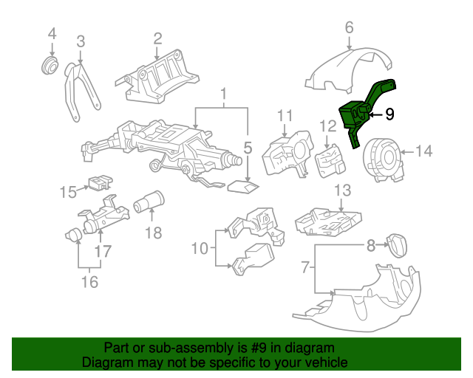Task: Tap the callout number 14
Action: [423, 152]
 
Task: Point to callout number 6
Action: [349, 28]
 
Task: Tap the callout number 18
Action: [152, 233]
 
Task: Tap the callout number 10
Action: [200, 249]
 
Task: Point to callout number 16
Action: [89, 281]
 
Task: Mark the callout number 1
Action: [222, 93]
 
